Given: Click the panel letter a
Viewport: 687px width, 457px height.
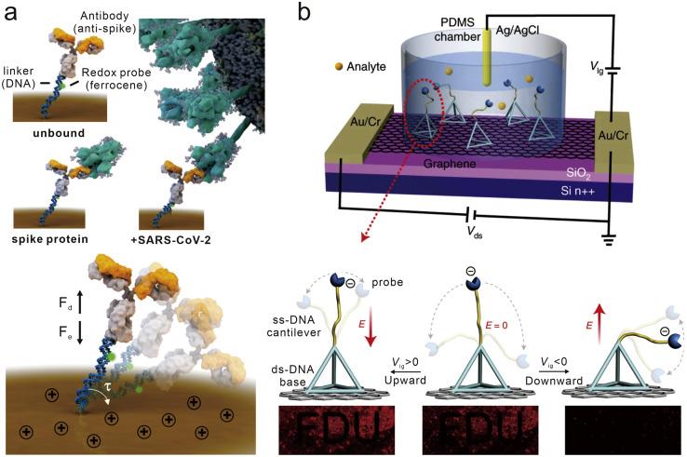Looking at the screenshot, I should coord(14,14).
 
